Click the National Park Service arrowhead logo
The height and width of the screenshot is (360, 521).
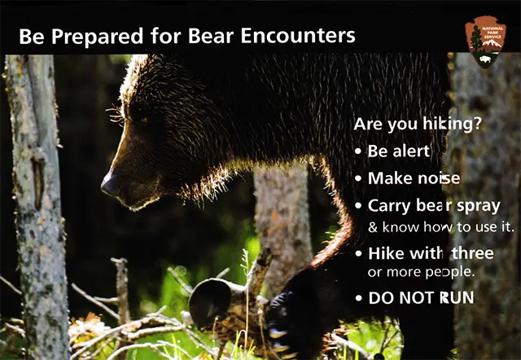(485, 42)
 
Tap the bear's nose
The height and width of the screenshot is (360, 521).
(111, 186)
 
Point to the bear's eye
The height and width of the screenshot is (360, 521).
(143, 120)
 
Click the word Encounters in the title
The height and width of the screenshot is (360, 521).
(298, 36)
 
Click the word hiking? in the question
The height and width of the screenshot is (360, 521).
(452, 125)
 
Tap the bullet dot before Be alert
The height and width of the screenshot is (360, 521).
(358, 151)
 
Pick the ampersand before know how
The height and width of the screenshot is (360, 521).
(373, 228)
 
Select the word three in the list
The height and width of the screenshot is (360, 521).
(472, 253)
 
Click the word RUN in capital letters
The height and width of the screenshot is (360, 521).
(457, 298)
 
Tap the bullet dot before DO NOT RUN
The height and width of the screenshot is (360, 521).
(358, 298)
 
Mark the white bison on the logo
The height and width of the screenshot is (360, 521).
(485, 59)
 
